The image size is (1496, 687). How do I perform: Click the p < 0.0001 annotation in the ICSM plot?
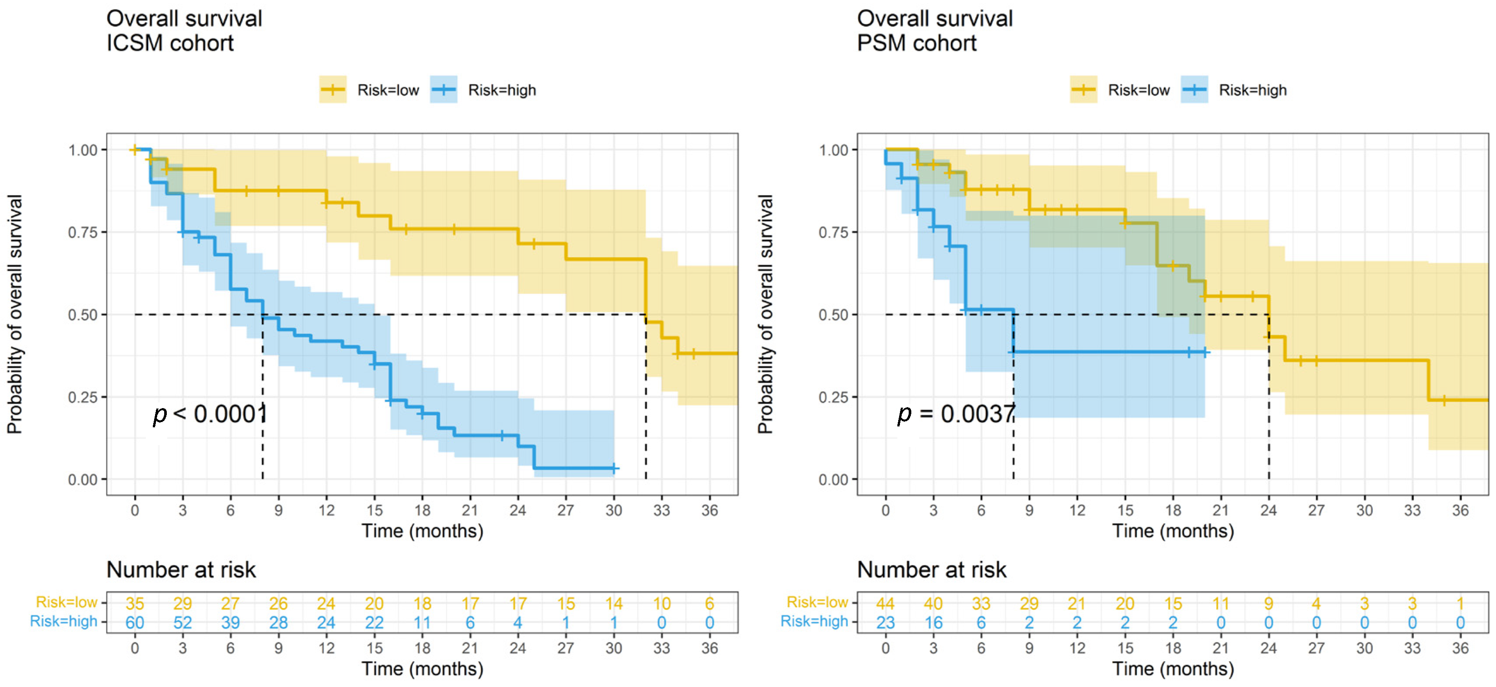pos(210,414)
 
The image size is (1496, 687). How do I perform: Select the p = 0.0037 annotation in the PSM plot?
pos(956,414)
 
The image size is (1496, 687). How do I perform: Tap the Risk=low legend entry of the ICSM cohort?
pos(369,90)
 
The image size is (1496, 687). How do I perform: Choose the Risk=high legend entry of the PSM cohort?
pos(1234,90)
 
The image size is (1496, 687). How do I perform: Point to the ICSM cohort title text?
pos(184,31)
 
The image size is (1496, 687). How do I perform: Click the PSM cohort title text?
pos(935,31)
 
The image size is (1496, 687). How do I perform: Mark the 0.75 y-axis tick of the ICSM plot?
pos(83,232)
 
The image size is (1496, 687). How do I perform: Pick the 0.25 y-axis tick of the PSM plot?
pos(834,397)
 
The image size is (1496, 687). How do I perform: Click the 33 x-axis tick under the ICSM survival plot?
pos(662,511)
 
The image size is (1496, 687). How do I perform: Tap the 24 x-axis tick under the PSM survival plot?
pos(1268,511)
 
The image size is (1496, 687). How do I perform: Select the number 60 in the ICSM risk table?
pos(135,622)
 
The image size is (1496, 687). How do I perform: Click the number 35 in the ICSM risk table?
pos(135,603)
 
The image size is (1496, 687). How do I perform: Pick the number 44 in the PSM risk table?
pos(886,603)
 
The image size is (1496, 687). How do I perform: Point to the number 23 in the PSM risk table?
pos(886,622)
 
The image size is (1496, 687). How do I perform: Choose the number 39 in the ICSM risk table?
pos(231,622)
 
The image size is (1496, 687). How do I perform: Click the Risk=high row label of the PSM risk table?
pos(814,622)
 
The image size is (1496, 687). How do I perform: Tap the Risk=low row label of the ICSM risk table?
pos(67,602)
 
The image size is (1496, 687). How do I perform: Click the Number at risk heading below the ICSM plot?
pos(181,570)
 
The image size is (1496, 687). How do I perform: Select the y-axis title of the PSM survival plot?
pos(765,314)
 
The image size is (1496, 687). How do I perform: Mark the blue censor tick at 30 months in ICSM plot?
pos(614,468)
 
